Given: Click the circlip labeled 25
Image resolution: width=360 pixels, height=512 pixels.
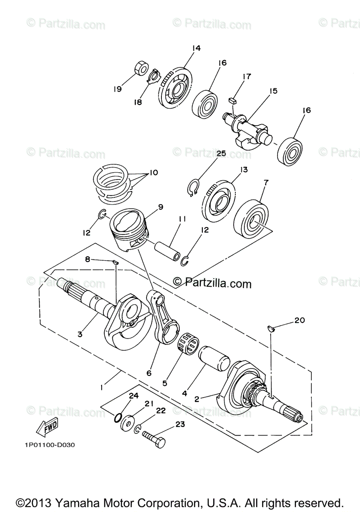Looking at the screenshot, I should point(193,186).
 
